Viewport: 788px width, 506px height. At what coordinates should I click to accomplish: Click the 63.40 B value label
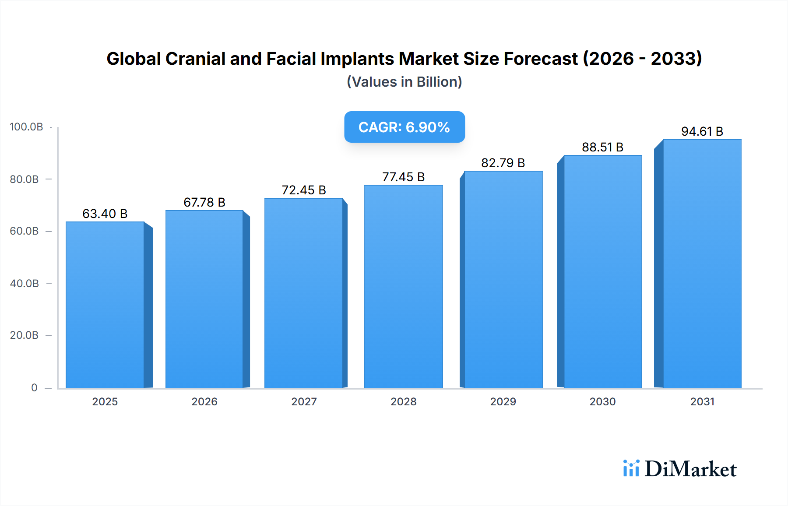coord(105,214)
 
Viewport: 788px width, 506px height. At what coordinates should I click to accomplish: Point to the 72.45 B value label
coord(304,190)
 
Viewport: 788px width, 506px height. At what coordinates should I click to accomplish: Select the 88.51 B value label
coord(602,147)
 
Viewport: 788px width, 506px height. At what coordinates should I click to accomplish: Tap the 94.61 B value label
coord(702,131)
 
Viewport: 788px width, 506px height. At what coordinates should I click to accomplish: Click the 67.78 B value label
coord(204,202)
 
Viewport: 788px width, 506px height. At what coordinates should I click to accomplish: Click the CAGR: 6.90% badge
coord(404,127)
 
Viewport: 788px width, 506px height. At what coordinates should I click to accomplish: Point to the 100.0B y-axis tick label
coord(26,127)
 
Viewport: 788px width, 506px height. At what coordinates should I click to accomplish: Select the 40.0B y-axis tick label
coord(25,283)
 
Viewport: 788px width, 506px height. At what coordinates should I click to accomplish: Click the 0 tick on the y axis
coord(34,387)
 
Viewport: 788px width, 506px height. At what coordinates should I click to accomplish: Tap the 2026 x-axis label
coord(204,401)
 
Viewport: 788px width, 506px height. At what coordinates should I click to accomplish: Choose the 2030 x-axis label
coord(602,401)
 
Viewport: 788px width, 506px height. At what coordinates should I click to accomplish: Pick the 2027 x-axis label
coord(304,401)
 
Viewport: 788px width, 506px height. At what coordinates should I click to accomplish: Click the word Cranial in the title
coord(195,59)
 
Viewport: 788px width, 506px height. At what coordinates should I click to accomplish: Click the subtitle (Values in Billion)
coord(404,82)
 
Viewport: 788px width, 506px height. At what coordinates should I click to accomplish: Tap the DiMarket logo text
coord(690,469)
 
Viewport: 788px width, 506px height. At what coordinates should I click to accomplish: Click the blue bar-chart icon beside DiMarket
coord(631,468)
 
